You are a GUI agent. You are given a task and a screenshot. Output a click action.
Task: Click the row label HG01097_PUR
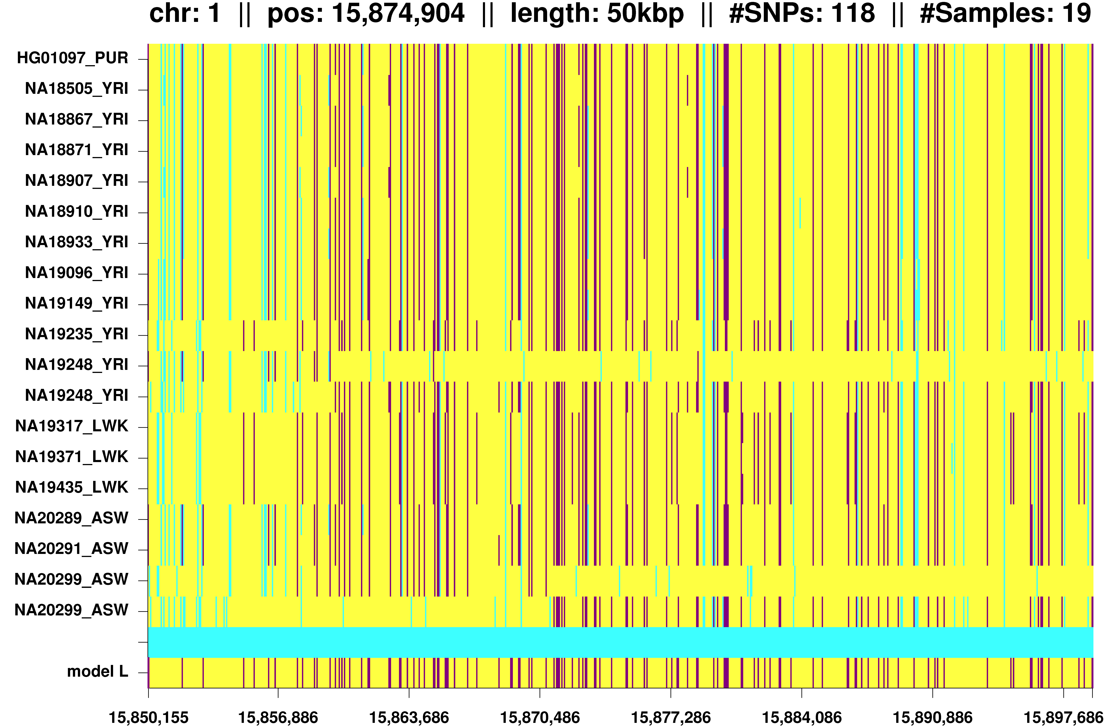click(x=72, y=58)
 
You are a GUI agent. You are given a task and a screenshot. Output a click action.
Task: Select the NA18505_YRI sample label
click(x=76, y=89)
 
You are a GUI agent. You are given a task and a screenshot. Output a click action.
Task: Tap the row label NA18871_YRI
click(x=76, y=150)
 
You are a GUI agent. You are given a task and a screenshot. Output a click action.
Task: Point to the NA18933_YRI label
click(x=76, y=242)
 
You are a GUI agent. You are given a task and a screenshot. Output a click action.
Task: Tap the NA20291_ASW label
click(x=71, y=548)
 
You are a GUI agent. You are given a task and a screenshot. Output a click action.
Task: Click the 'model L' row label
click(x=97, y=672)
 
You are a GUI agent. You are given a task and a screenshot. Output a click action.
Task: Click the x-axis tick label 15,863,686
click(x=409, y=717)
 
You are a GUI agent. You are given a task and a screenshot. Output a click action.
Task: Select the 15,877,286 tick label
click(x=671, y=717)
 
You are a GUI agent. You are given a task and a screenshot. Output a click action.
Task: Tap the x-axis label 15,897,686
click(x=1063, y=717)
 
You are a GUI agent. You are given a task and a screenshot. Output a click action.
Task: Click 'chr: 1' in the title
click(x=185, y=13)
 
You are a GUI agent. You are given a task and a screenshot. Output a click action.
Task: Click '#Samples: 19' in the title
click(x=1005, y=13)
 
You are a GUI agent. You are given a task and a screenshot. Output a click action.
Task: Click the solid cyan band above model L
click(x=620, y=642)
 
